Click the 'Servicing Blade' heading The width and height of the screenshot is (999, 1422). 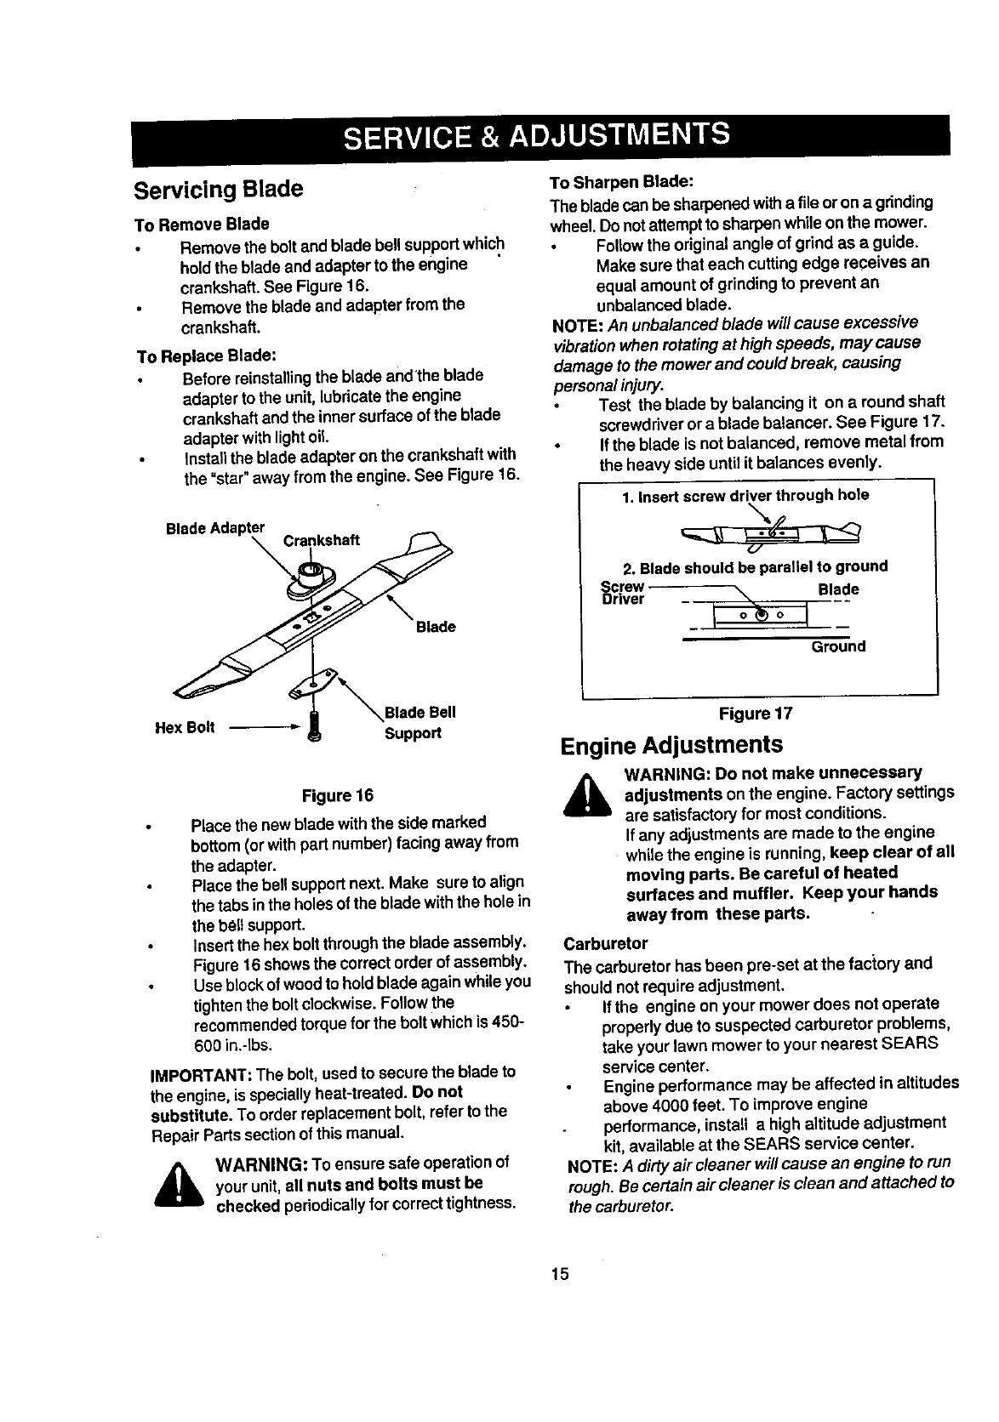click(x=218, y=189)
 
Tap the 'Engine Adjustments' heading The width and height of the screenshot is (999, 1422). click(x=671, y=745)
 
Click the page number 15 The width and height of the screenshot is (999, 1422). click(x=559, y=1274)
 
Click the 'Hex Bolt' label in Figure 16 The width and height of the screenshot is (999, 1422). click(x=185, y=727)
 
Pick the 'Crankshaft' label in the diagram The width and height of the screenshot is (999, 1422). click(x=321, y=541)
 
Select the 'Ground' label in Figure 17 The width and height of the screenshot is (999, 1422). click(x=837, y=646)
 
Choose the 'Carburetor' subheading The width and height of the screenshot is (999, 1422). click(x=606, y=943)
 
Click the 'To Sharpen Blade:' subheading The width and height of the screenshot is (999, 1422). click(x=622, y=183)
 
